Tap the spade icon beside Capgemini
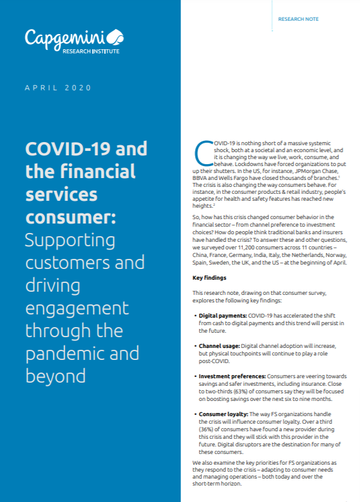coord(116,37)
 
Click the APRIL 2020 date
coord(58,87)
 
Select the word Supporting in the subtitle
coord(71,240)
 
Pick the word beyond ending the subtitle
coord(56,376)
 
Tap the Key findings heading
coord(209,278)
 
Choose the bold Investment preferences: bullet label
coord(233,376)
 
